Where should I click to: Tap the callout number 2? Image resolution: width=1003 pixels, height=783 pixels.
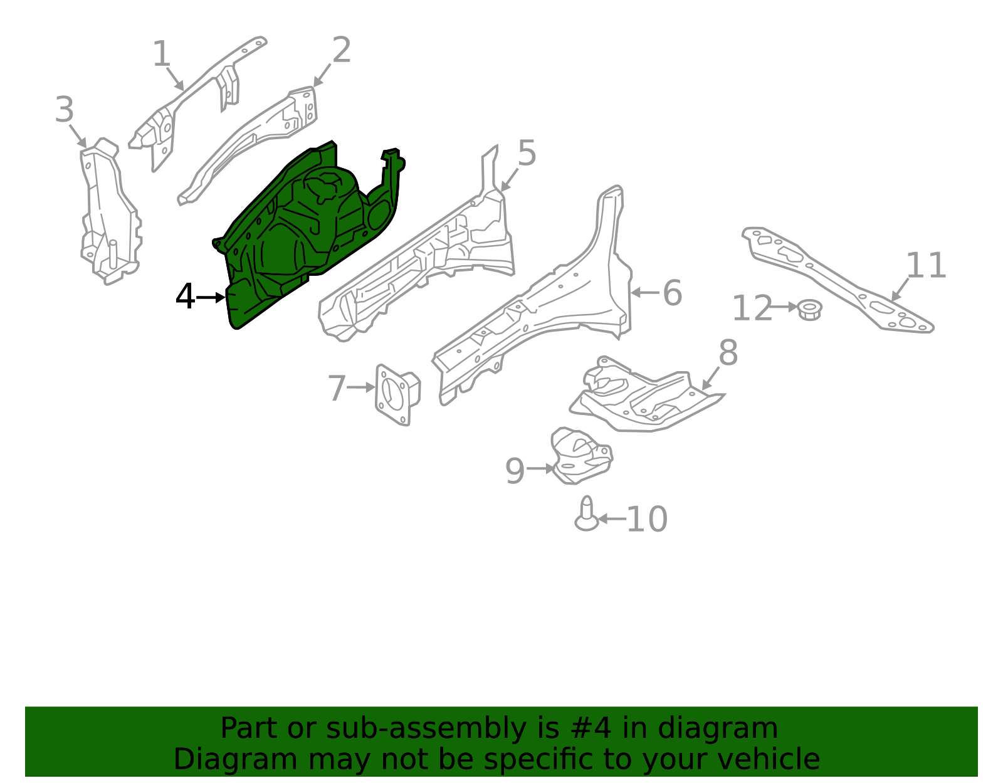coord(341,50)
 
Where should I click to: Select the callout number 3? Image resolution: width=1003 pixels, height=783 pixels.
coord(64,110)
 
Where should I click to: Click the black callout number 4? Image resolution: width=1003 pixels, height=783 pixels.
coord(185,297)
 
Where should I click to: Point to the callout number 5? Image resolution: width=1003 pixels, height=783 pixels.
coord(527,153)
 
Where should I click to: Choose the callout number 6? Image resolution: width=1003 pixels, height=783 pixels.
coord(672,293)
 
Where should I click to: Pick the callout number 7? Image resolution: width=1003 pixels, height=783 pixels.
coord(337,388)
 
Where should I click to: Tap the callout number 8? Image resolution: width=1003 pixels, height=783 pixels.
coord(728,353)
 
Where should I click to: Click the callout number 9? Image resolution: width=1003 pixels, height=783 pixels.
coord(515,471)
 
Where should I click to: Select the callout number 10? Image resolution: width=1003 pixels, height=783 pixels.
coord(647,520)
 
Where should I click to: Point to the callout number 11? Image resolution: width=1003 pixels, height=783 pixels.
coord(926,266)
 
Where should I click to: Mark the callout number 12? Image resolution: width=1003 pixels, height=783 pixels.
coord(752,308)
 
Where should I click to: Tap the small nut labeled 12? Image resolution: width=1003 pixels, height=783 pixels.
coord(810,310)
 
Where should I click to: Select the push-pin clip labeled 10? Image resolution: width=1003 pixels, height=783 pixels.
coord(586,514)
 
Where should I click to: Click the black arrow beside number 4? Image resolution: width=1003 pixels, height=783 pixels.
coord(211,298)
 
